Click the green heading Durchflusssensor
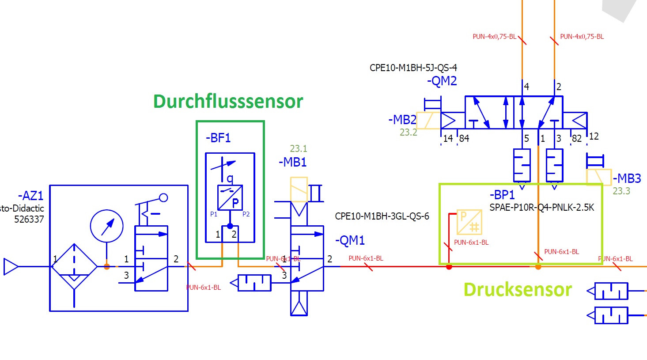tap(228, 102)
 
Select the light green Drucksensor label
tap(518, 290)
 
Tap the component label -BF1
tap(218, 138)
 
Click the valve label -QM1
tap(350, 241)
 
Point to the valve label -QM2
tap(442, 81)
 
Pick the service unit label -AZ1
tap(30, 196)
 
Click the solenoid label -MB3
tap(627, 178)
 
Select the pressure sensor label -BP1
tap(502, 195)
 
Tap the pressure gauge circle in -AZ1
tap(106, 226)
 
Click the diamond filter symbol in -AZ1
tap(74, 266)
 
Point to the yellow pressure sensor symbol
tap(469, 222)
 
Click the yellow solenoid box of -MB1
tap(299, 189)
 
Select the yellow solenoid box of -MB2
tap(428, 120)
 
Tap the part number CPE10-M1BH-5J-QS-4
tap(413, 68)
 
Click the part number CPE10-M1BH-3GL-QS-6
tap(382, 216)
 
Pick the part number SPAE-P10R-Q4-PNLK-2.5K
tap(541, 207)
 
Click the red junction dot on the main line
tap(449, 267)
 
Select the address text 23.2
tap(408, 133)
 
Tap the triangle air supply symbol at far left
tap(11, 267)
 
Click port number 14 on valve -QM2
tap(448, 139)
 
